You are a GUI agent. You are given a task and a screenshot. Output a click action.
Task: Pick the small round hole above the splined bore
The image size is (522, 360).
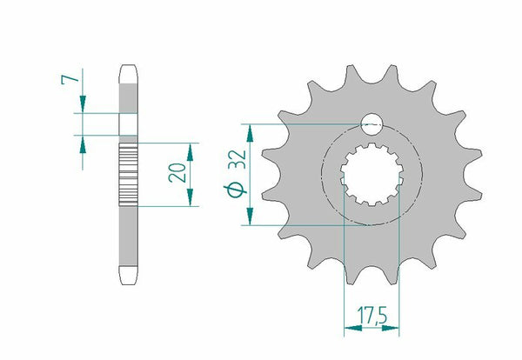[372, 123]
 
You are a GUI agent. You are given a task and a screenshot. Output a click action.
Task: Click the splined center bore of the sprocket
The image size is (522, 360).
[372, 174]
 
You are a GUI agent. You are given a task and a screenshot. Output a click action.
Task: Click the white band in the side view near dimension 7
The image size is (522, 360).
[128, 123]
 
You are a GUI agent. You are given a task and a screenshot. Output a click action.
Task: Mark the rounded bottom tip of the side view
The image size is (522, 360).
[128, 278]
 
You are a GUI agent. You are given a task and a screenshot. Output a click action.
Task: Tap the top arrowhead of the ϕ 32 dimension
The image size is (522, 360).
[250, 130]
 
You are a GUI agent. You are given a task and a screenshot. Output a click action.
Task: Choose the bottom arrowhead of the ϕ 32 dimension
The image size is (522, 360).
[250, 220]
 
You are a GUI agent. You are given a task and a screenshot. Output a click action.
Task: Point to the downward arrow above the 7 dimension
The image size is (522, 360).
[83, 106]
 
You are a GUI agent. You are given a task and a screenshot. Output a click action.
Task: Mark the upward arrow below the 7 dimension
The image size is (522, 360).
[83, 142]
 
